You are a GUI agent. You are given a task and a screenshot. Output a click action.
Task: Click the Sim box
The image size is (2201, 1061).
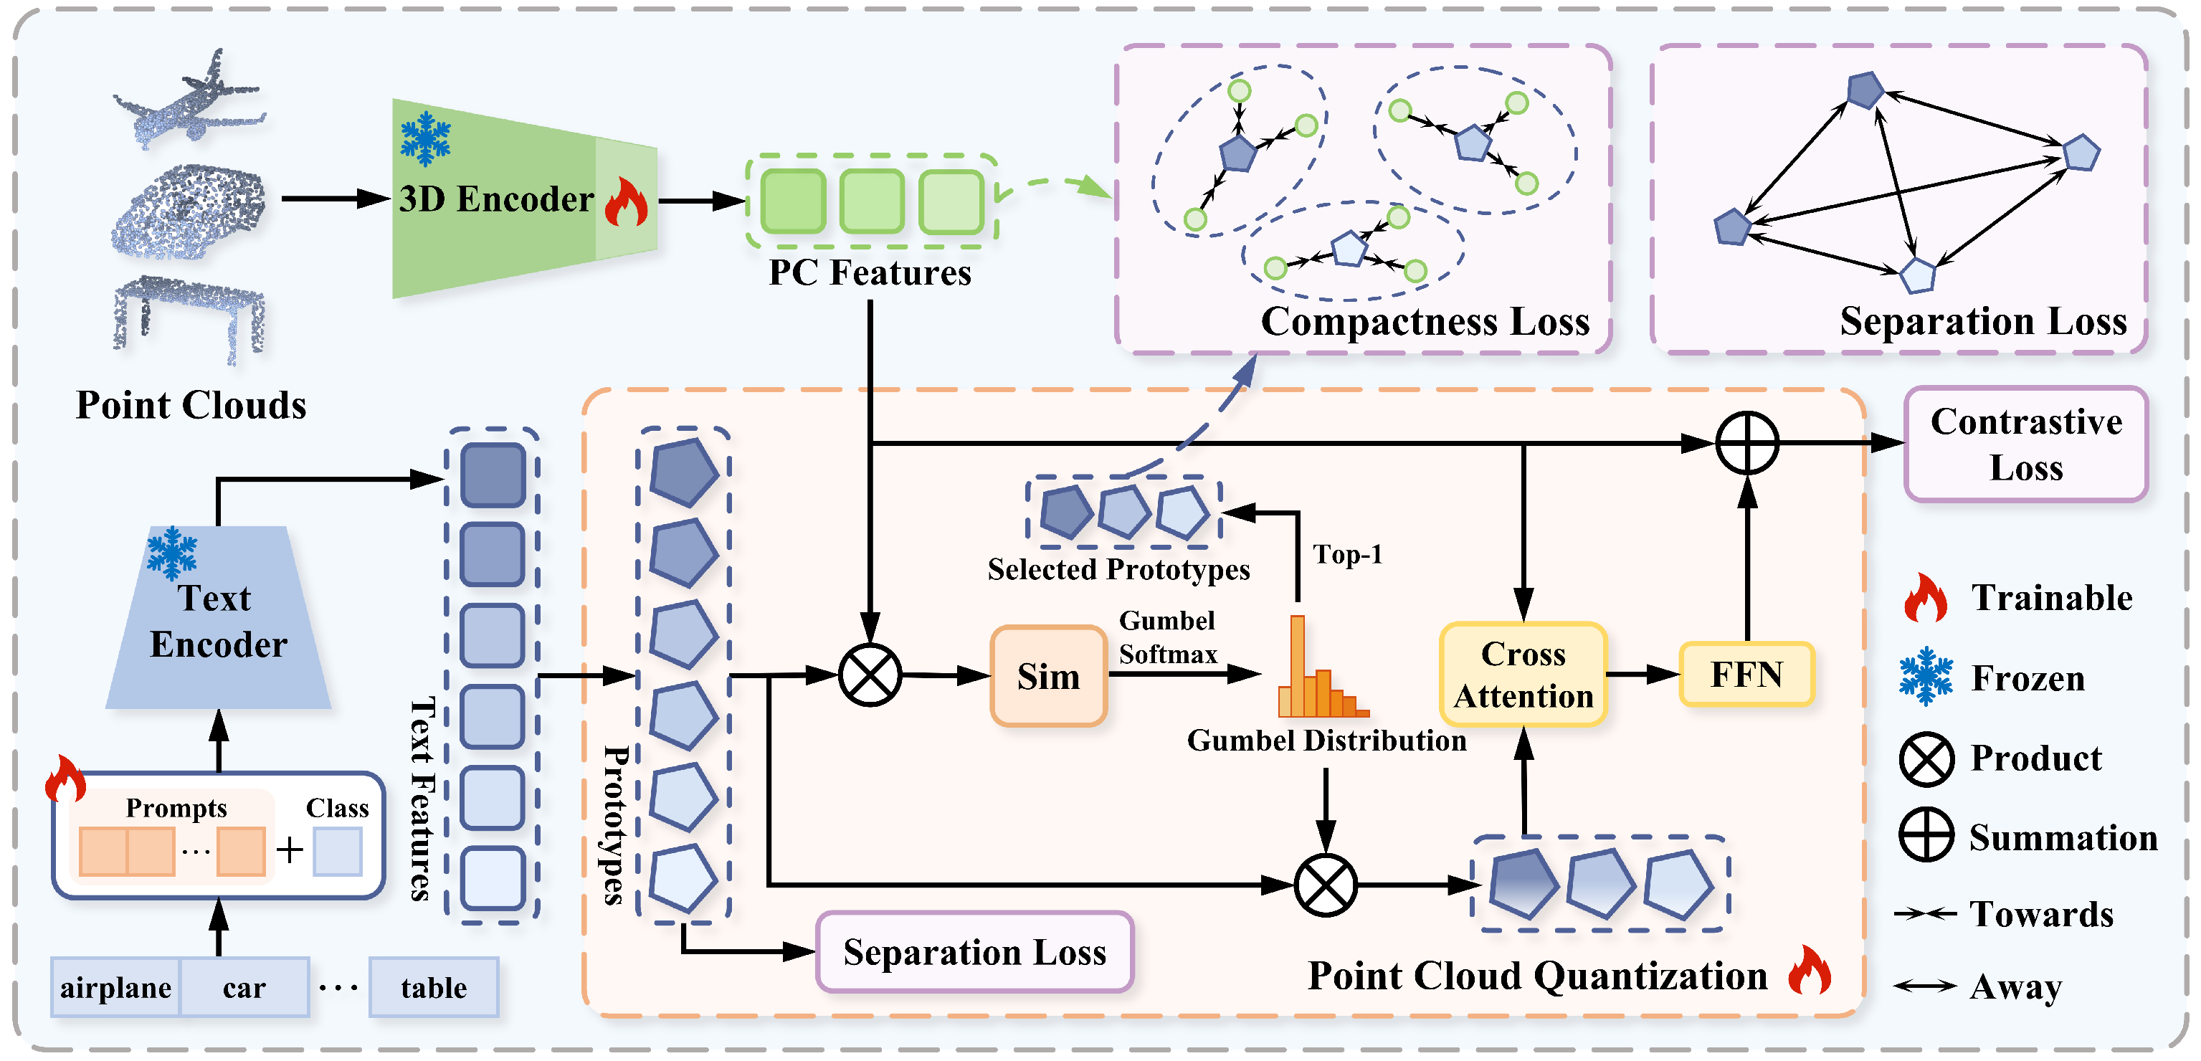[1048, 676]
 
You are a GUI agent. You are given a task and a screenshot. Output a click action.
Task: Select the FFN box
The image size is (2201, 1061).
[1746, 674]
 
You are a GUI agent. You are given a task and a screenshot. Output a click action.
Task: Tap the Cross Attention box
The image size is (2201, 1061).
[1523, 674]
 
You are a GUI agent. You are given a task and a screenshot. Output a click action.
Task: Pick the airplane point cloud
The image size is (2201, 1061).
[190, 98]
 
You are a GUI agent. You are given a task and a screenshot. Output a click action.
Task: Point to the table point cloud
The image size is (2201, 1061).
[190, 316]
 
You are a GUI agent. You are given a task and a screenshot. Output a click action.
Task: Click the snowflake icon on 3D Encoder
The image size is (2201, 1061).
[426, 138]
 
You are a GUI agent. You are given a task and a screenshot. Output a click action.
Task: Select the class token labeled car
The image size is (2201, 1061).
[244, 988]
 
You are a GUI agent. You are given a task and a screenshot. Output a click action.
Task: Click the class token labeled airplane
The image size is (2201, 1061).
[115, 988]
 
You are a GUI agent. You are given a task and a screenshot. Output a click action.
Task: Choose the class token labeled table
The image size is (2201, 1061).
[434, 988]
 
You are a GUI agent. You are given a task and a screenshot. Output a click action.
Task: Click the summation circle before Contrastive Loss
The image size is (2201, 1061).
[1747, 443]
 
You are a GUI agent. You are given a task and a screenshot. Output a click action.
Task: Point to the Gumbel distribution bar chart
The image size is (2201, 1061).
[1320, 670]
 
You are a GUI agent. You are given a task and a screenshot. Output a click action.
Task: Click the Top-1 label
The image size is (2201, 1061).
[1347, 554]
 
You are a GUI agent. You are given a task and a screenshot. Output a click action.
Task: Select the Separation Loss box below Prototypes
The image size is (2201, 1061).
[974, 951]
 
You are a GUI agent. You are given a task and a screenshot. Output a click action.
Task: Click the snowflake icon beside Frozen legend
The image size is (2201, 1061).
[1926, 676]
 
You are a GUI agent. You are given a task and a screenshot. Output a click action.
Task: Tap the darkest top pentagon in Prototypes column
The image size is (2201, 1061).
[683, 472]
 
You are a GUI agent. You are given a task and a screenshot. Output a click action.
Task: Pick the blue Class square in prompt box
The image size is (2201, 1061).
[338, 851]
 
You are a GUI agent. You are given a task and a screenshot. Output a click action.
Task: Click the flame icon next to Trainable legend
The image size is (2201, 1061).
[1926, 597]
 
